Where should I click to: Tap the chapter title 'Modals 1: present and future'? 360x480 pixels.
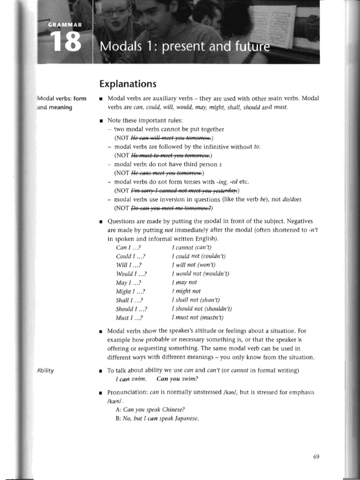click(x=185, y=47)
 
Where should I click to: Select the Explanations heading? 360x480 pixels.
click(x=127, y=84)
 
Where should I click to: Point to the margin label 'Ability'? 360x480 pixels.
click(x=45, y=371)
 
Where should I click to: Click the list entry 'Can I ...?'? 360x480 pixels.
click(x=128, y=247)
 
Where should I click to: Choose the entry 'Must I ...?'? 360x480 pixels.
click(x=129, y=318)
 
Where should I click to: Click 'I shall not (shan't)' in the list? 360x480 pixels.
click(x=196, y=300)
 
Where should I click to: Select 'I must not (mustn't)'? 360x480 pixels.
click(x=197, y=318)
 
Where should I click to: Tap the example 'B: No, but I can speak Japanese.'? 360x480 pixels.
click(x=157, y=419)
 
